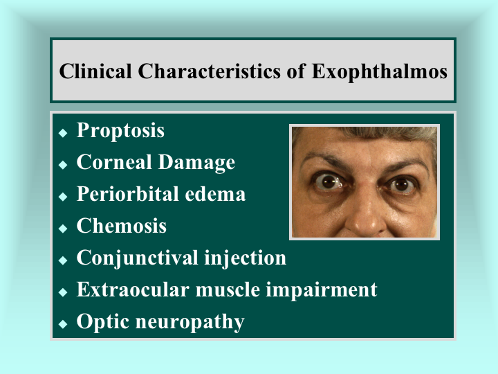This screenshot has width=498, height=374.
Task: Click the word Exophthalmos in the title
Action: click(380, 72)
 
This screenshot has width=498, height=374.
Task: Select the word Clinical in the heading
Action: click(95, 71)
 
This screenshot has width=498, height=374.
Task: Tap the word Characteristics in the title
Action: click(210, 71)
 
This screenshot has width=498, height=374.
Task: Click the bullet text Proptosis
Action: click(120, 131)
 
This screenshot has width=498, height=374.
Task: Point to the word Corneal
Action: click(114, 162)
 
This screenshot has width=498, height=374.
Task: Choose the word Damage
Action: click(196, 163)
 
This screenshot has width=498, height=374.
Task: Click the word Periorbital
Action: click(128, 194)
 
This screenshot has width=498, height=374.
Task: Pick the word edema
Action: click(215, 194)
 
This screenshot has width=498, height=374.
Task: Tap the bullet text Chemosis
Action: click(122, 226)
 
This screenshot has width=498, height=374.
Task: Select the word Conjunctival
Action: click(137, 258)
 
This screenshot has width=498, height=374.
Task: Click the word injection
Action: click(245, 258)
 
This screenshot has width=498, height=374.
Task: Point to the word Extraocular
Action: click(133, 289)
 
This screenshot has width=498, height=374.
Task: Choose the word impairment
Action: click(322, 290)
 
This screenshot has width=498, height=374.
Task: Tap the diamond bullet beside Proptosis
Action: click(63, 132)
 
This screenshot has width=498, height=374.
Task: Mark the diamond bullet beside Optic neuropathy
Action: click(63, 324)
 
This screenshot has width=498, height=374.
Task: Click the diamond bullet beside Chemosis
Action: click(63, 229)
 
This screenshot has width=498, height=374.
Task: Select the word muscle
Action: click(228, 289)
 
